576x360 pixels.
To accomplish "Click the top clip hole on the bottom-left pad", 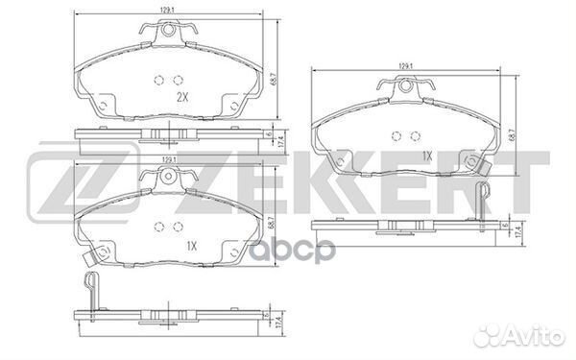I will point(172,179).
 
